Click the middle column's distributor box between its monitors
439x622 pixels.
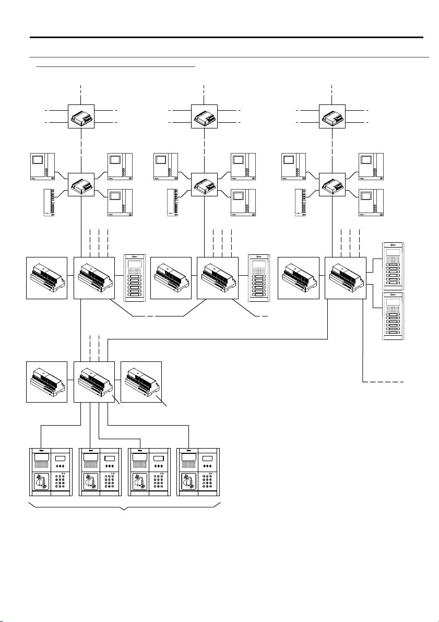click(x=205, y=184)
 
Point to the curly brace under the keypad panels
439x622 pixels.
click(x=124, y=506)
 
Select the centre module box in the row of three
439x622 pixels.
click(x=94, y=381)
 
